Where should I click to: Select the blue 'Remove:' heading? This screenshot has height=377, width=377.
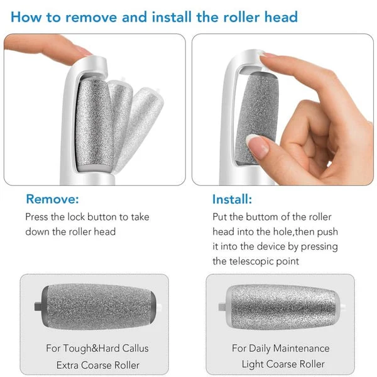point(52,200)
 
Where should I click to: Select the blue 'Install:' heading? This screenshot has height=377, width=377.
point(232,200)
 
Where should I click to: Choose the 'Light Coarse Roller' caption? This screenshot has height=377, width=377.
point(283,364)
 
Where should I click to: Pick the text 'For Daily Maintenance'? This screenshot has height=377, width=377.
point(280,348)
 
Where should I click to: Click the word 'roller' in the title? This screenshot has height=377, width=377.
point(241,17)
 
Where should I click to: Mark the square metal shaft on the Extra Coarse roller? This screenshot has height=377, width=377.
point(37,307)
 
